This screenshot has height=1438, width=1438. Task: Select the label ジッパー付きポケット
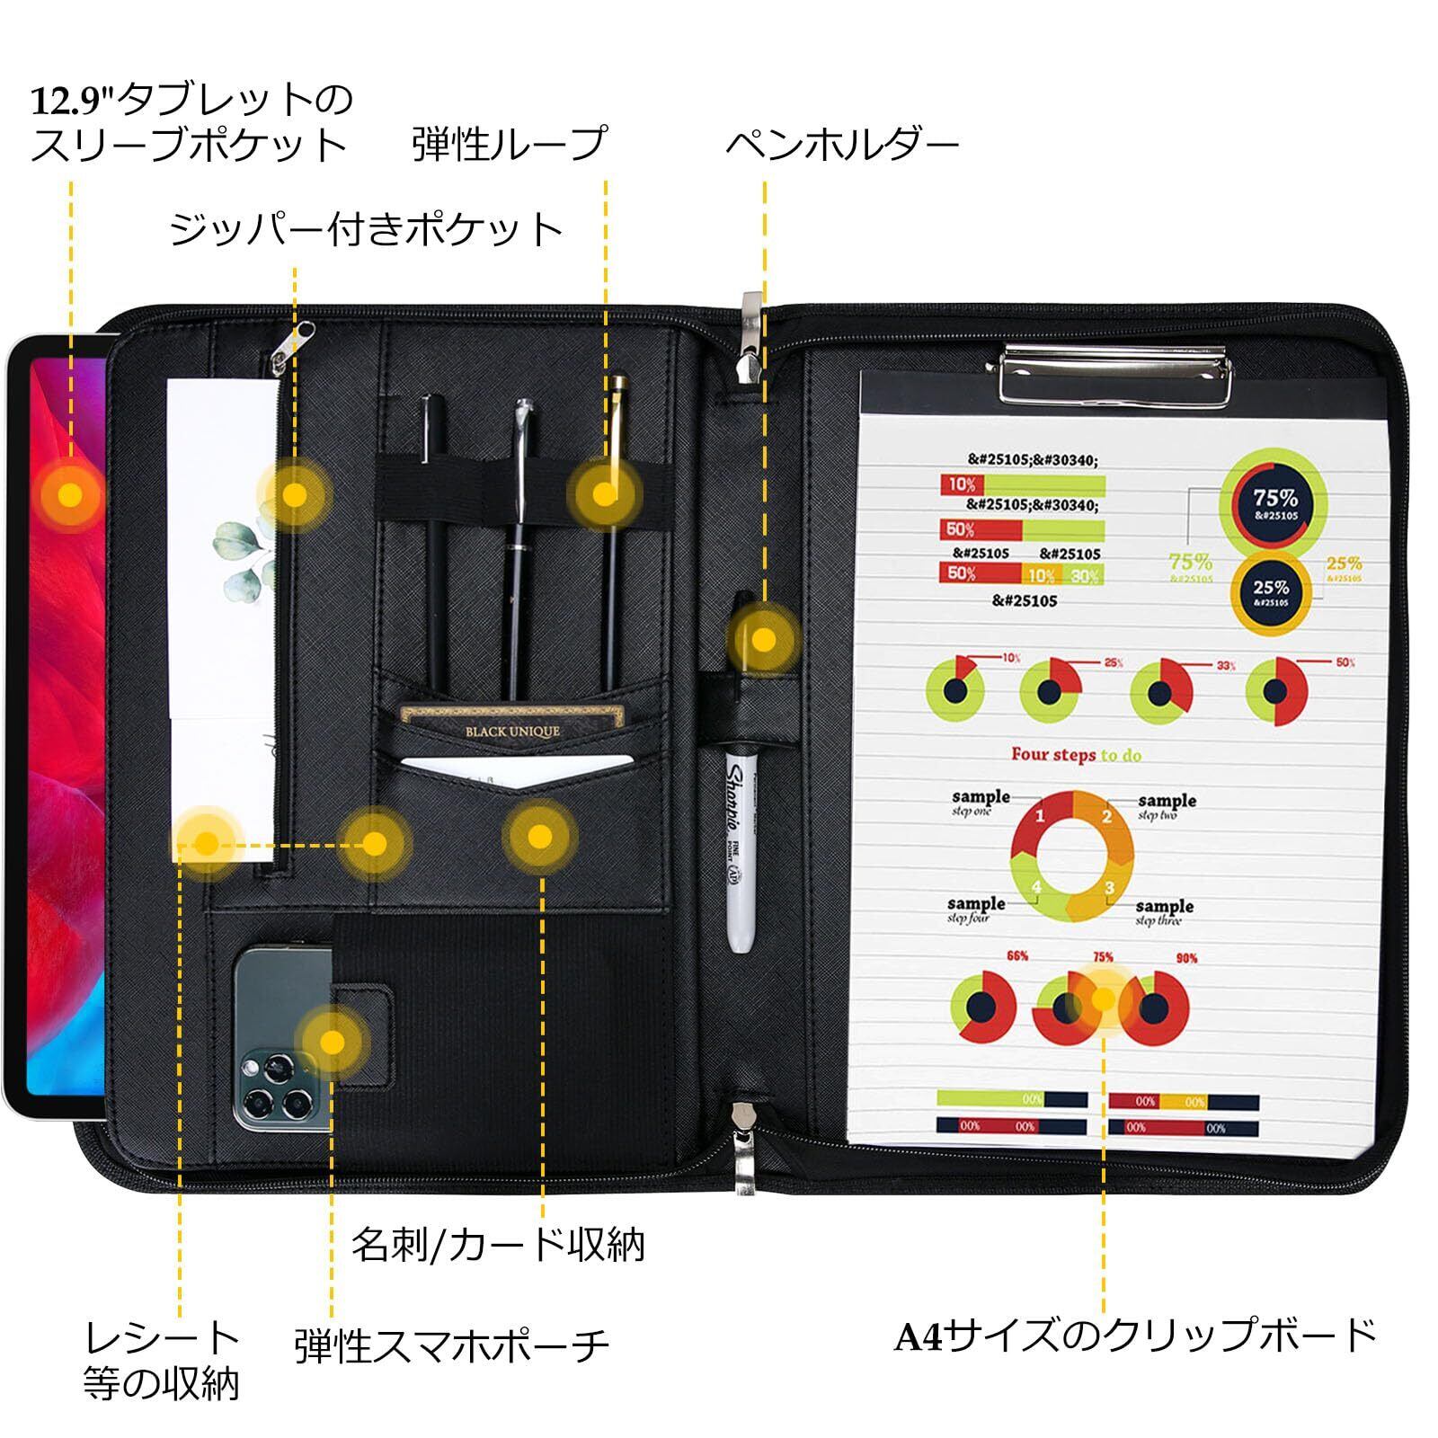367,230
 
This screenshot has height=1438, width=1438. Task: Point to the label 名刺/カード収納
498,1245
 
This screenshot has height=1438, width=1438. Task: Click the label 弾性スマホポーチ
452,1345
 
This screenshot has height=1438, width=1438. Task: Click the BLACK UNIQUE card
511,729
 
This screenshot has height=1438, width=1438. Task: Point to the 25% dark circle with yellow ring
1271,592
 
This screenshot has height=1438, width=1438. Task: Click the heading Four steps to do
1076,754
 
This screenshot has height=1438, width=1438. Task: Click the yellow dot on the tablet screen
69,494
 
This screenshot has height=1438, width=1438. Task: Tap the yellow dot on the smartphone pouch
333,1042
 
